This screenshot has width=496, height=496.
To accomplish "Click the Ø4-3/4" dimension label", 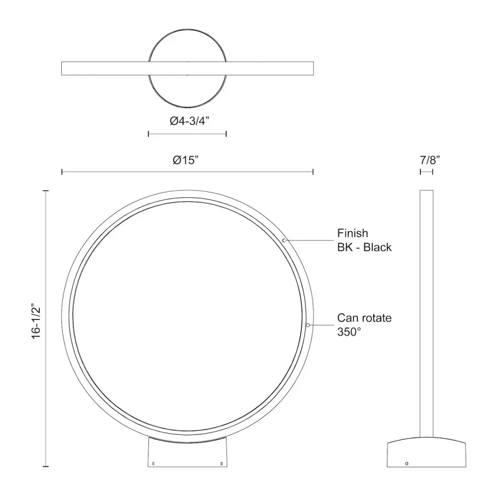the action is (x=190, y=121).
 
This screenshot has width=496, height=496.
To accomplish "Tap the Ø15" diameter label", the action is (x=186, y=160).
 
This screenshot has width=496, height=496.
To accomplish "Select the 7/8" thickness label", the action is (x=430, y=160).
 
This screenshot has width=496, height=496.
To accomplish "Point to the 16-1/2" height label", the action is (x=36, y=322).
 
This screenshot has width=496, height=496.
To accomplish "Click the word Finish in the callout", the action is (x=353, y=233).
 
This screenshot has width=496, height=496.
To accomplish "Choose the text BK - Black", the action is (x=364, y=247).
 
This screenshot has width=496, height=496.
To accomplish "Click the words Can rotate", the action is (x=364, y=317).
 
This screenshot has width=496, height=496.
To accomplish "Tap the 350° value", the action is (x=349, y=332).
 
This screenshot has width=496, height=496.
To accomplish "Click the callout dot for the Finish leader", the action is (x=284, y=240).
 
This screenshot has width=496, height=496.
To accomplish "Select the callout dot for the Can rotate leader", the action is (x=308, y=325).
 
